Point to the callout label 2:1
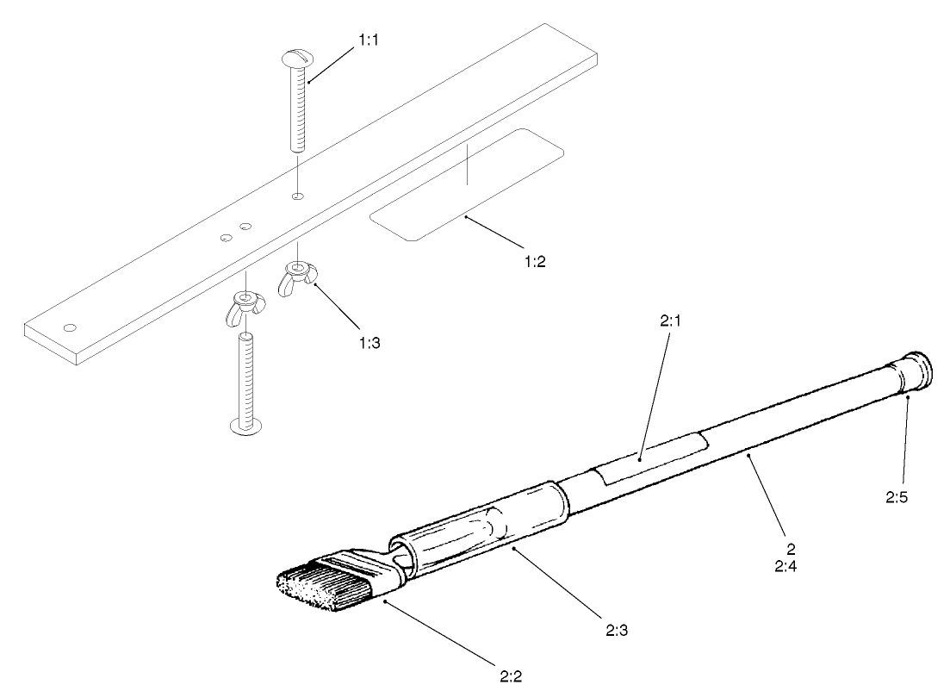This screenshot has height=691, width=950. [671, 321]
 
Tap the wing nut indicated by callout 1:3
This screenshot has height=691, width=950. [295, 277]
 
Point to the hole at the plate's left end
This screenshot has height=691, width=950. [71, 327]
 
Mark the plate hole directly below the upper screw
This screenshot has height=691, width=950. [297, 197]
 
